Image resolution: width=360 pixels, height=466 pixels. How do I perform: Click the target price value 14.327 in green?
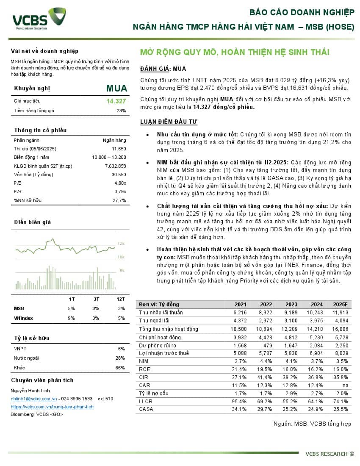[116, 101]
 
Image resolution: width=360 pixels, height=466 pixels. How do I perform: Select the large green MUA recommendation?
[116, 88]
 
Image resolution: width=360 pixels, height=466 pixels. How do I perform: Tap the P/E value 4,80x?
[120, 183]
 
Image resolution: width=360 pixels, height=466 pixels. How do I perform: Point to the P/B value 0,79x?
[120, 192]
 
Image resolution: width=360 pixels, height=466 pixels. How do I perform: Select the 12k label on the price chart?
[121, 244]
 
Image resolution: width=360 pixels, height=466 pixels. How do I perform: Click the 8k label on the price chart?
[122, 270]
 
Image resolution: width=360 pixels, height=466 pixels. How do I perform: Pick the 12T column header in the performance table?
[121, 299]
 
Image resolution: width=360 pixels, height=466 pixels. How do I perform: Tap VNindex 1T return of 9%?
[72, 318]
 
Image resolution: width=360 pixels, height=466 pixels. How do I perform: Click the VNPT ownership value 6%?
[122, 349]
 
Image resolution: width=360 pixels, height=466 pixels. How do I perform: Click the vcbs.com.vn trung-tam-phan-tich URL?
[52, 407]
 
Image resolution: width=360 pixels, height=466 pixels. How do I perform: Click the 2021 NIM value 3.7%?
[240, 361]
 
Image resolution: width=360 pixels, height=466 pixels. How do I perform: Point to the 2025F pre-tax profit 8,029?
[341, 353]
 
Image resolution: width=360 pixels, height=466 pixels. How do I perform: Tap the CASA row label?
[146, 409]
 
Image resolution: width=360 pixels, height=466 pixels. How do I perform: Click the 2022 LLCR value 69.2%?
[265, 401]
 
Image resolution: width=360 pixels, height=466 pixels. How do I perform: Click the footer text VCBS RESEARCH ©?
[330, 454]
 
